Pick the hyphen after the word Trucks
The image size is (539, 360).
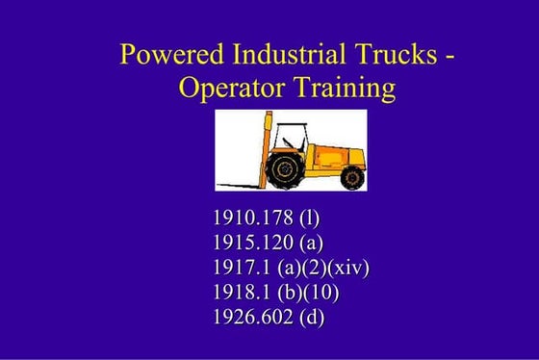(x=449, y=56)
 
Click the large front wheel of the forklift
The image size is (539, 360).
(x=285, y=169)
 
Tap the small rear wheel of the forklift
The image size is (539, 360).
(x=353, y=177)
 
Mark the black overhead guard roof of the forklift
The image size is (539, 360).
(x=298, y=124)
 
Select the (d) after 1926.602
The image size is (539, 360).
(x=311, y=315)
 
